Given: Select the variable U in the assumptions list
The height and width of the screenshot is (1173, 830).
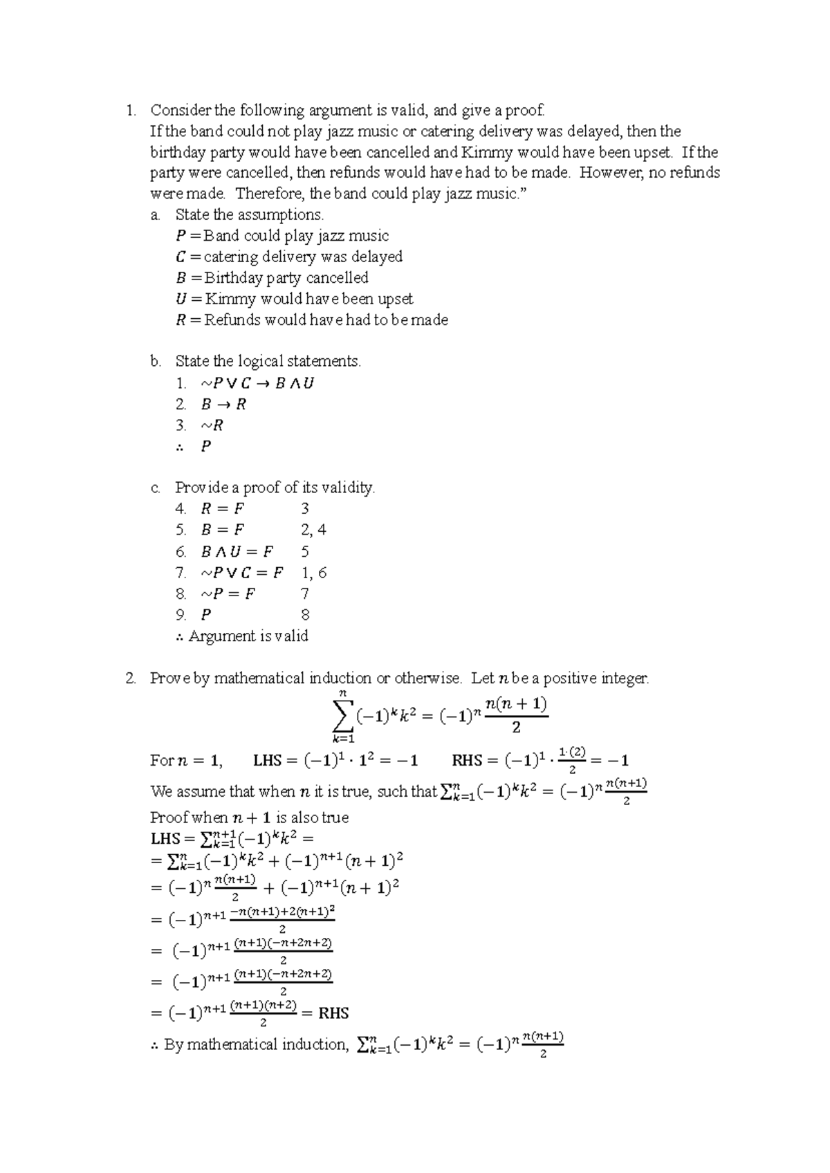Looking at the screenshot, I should coord(181,299).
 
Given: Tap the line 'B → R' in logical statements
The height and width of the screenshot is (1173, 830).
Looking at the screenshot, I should coord(223,404).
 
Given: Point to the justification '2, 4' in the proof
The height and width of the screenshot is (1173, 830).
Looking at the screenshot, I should coord(313,530).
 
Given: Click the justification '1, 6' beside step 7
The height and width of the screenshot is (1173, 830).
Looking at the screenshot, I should coord(313,573).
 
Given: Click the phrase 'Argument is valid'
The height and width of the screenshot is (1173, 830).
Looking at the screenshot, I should coord(248,636).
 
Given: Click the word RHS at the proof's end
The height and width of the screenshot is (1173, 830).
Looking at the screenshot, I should coord(333,1013).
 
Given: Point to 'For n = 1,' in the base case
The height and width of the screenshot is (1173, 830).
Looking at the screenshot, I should coord(185,761).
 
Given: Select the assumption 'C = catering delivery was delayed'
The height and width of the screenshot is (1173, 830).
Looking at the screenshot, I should coord(289,257).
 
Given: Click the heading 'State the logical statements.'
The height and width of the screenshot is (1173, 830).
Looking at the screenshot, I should coord(268,361).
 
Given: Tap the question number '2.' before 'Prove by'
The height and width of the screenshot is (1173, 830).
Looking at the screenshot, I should coord(131,678).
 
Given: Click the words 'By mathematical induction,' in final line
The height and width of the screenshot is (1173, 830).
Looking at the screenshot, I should coord(255,1044).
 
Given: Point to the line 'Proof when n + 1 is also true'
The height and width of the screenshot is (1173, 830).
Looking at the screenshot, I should coord(249,818).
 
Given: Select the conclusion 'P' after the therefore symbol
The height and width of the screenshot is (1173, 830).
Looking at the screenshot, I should coord(205,446).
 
